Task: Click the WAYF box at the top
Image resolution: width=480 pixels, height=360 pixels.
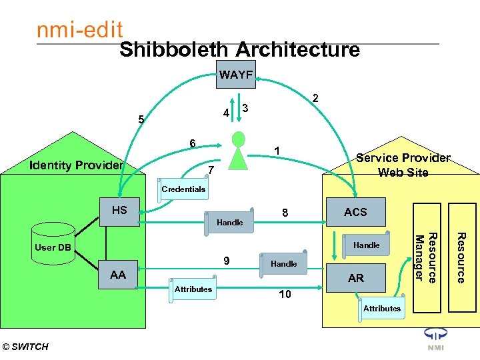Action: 235,75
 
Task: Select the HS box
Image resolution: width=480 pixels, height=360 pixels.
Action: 119,211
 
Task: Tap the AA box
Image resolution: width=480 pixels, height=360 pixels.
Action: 118,275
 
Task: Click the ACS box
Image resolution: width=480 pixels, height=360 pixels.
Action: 355,212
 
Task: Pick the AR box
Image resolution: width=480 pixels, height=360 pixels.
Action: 355,278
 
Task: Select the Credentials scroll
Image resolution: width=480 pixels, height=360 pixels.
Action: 183,189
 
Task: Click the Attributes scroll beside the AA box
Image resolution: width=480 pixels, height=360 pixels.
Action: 193,290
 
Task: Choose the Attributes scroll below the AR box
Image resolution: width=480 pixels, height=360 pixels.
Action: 381,308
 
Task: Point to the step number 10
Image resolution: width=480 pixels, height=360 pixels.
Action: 285,294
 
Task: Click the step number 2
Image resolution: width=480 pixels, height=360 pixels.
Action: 316,99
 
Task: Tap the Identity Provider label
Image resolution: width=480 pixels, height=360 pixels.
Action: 77,165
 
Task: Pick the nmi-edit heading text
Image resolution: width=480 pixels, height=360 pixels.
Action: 79,30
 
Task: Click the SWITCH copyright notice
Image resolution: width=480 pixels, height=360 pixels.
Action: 25,347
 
